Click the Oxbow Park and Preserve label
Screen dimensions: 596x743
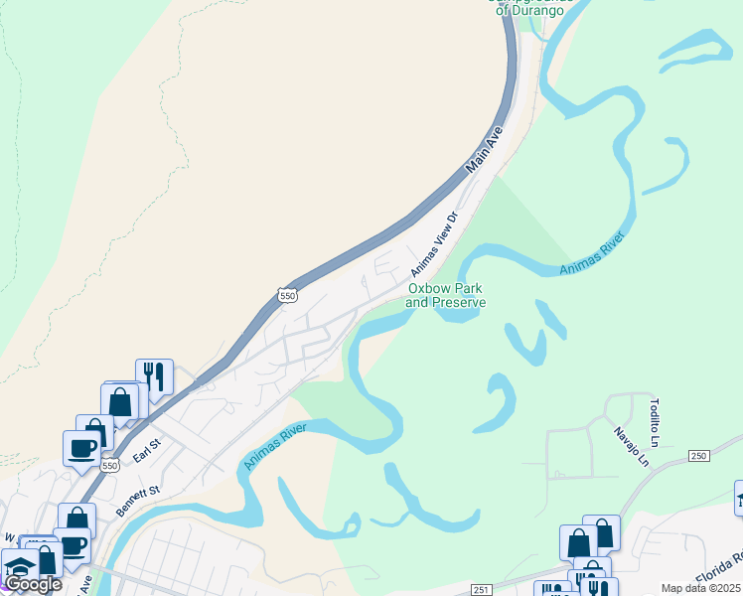point(446,295)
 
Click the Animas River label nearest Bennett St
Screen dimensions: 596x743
point(274,443)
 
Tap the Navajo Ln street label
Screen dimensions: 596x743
point(630,447)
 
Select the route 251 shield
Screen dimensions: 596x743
point(482,589)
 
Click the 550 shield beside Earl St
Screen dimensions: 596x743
point(109,465)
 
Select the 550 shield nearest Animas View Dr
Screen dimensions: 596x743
point(287,296)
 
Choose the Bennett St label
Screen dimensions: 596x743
point(138,493)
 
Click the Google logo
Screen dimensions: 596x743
point(33,584)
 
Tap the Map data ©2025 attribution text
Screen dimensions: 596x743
point(701,589)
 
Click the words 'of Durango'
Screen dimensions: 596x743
point(525,10)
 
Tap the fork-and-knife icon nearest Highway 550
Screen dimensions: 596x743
point(154,376)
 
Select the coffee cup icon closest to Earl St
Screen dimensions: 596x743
point(81,448)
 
